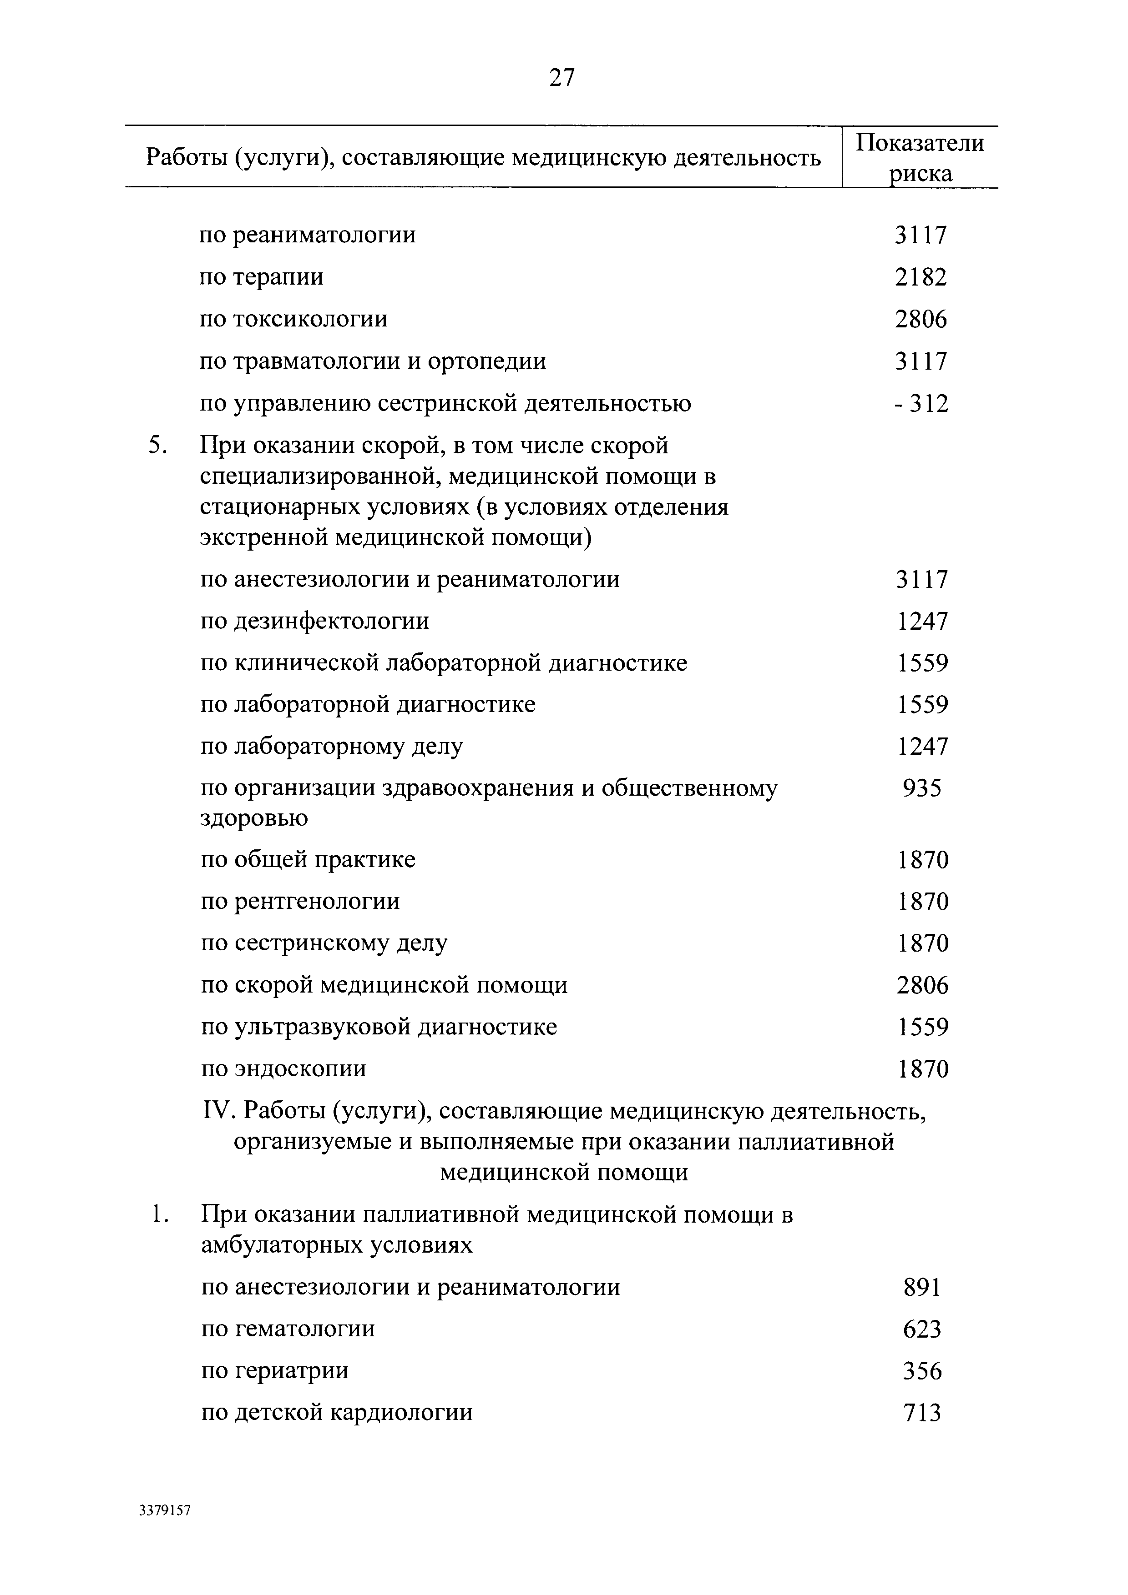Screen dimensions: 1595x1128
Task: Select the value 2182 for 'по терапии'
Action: [x=921, y=277]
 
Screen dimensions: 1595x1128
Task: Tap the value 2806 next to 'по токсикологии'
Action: [x=921, y=320]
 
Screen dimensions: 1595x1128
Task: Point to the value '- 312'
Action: [x=921, y=404]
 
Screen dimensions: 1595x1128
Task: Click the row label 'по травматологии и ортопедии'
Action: [x=373, y=361]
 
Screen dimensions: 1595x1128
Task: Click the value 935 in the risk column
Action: [x=921, y=788]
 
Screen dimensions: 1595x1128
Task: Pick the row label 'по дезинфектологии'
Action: [x=315, y=621]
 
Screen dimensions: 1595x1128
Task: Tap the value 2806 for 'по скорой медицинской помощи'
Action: [x=921, y=986]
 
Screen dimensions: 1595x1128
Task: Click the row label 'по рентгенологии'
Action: [x=300, y=902]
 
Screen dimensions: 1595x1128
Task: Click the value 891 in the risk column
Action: [x=921, y=1288]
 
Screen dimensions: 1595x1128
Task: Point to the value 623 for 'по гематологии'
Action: [x=921, y=1329]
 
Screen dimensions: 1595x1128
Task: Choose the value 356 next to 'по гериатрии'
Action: [x=921, y=1371]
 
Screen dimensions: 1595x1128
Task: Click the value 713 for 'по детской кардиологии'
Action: [x=921, y=1413]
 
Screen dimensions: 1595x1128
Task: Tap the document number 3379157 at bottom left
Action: [x=165, y=1510]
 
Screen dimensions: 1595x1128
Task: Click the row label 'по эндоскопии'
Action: [x=283, y=1068]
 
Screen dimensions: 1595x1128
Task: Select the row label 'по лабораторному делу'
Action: [x=332, y=747]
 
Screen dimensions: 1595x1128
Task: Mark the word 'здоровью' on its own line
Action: [x=254, y=818]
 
